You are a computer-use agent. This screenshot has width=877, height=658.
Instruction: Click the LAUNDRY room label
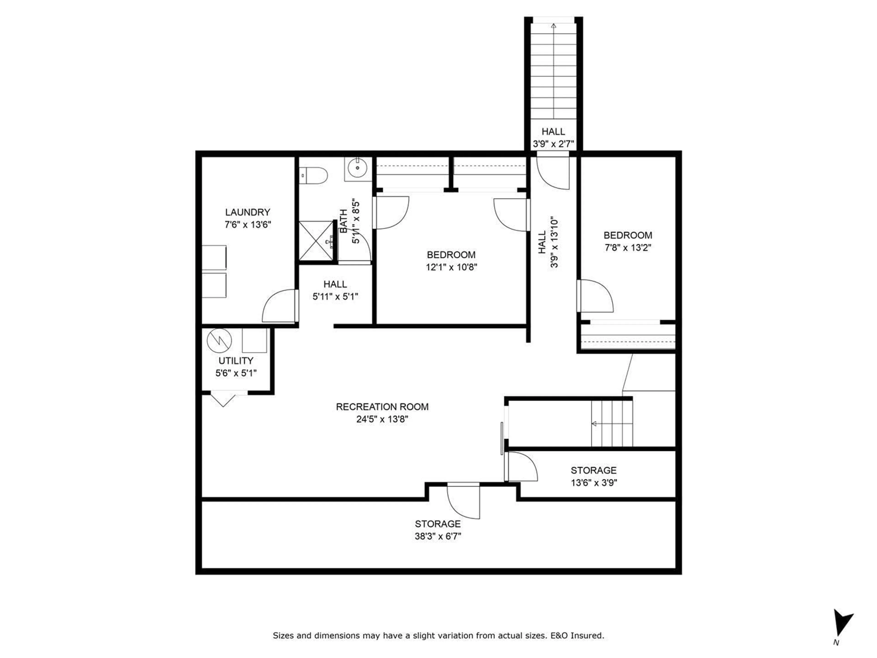(x=247, y=212)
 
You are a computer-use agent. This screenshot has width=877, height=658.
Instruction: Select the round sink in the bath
(x=358, y=168)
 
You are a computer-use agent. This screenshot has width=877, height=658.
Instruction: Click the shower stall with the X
(x=316, y=241)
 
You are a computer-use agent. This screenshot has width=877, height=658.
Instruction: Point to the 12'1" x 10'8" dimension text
(x=451, y=267)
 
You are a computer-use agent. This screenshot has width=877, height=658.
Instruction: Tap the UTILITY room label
(x=236, y=361)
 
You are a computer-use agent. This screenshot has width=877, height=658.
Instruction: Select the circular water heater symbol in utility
(x=219, y=340)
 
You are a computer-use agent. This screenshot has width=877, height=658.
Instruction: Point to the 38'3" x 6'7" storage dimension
(x=438, y=536)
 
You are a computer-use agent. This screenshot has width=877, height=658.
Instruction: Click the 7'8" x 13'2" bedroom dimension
(x=628, y=247)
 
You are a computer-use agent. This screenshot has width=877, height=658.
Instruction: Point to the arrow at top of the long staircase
(x=553, y=27)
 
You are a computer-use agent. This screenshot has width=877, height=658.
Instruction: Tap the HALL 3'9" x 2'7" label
(x=553, y=137)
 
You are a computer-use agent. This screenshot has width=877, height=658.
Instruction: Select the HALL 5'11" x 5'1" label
(x=335, y=290)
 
